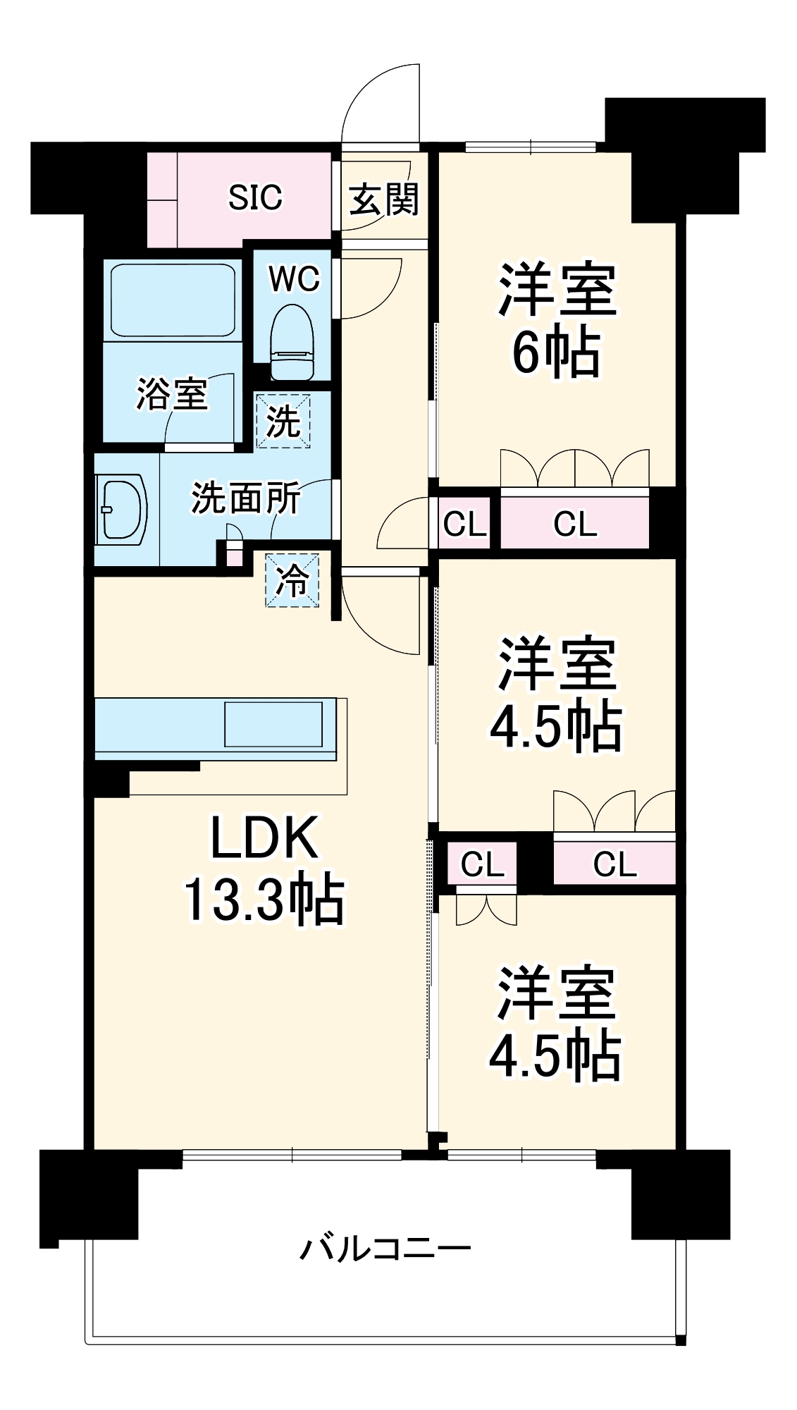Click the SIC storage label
point(255,197)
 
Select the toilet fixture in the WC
point(292,343)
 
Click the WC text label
point(294,279)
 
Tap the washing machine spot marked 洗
point(283,421)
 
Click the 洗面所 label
point(245,498)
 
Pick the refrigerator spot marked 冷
point(292,580)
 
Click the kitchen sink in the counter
point(273,724)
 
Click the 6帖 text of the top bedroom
point(556,352)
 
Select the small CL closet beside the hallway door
point(464,524)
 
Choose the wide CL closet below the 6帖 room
point(574,524)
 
